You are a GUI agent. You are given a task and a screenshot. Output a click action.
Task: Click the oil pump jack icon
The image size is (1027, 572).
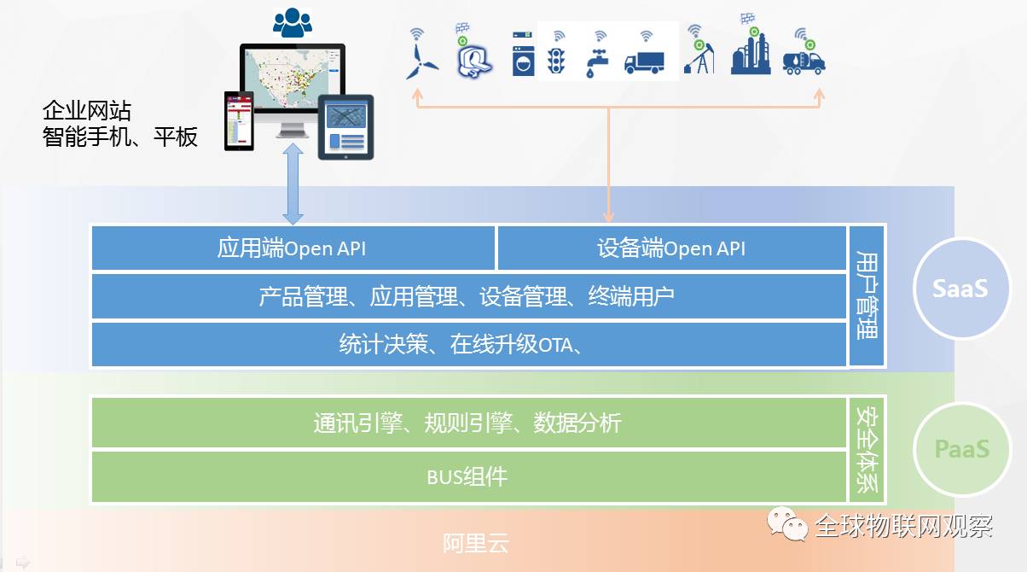[x=699, y=58]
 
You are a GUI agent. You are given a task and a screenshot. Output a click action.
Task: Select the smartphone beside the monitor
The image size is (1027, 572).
[x=240, y=120]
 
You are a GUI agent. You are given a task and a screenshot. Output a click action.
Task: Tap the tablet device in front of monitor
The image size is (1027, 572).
[x=346, y=128]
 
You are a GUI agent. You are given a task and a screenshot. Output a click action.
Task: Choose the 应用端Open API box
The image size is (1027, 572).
[x=293, y=248]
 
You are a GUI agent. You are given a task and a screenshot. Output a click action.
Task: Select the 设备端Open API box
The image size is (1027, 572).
[x=671, y=248]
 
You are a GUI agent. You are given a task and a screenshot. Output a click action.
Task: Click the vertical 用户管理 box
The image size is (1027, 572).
[x=867, y=295]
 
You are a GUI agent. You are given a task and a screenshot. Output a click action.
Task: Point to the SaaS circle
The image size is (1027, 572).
[x=960, y=289]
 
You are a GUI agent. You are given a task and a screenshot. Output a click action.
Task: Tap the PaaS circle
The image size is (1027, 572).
[x=960, y=448]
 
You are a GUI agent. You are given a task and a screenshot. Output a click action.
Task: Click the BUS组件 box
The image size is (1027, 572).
[x=468, y=476]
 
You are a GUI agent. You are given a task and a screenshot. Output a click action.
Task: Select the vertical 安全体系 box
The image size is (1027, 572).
[x=867, y=449]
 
